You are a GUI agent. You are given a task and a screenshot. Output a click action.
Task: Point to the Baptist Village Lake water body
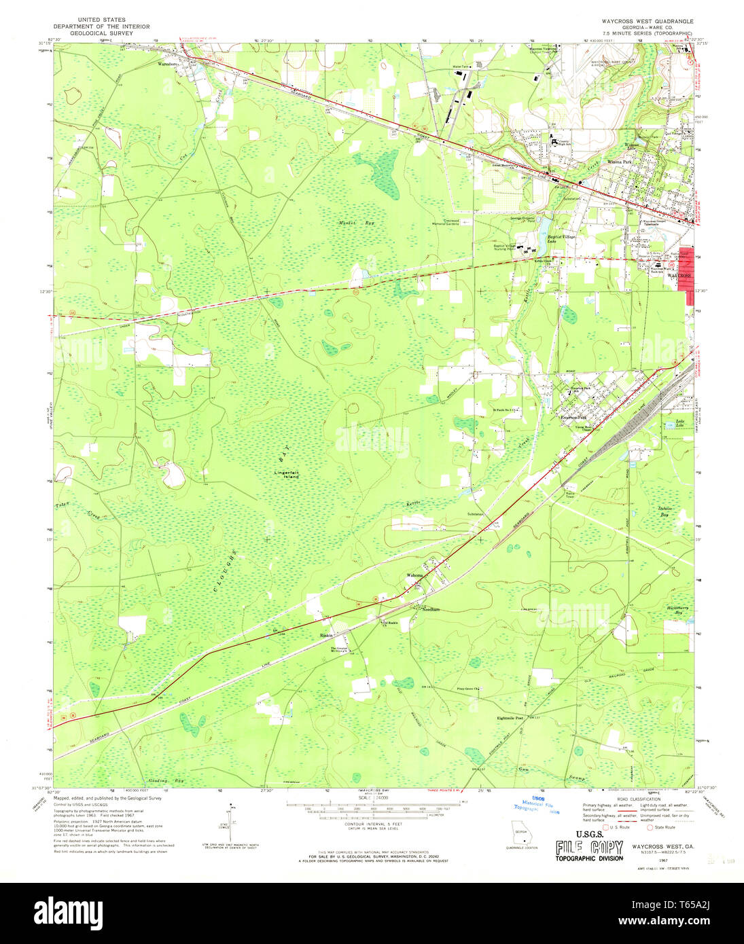(546, 235)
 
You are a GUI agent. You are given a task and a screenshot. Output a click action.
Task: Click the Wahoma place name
(414, 575)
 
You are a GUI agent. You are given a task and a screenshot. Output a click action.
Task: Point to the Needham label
(431, 610)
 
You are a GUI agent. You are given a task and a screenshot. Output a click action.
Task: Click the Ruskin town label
(325, 636)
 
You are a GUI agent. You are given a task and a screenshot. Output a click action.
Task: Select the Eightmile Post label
(510, 718)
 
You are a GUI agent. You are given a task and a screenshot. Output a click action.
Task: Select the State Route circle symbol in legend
(650, 827)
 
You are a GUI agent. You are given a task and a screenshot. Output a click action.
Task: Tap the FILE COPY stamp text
(588, 848)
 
